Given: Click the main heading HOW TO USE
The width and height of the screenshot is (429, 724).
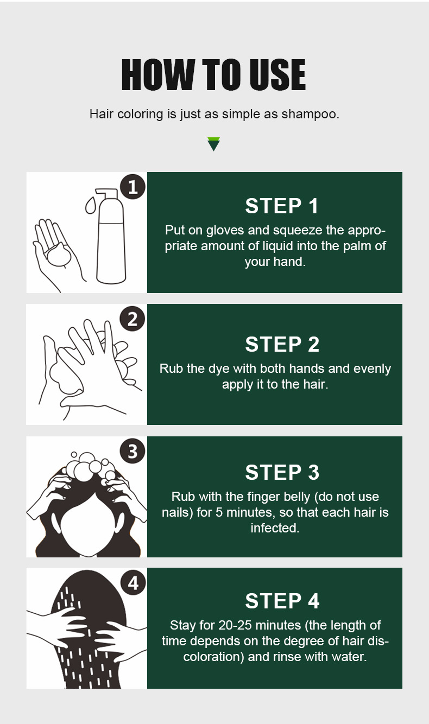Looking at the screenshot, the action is click(x=213, y=75).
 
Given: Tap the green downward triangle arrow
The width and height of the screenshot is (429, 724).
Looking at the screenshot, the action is click(x=214, y=144).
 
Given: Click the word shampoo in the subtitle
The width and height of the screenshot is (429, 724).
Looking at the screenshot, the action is click(x=311, y=115).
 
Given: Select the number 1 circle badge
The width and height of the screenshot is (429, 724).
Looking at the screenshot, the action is click(x=133, y=187).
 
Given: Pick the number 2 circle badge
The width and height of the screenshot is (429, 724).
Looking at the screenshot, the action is click(x=133, y=319).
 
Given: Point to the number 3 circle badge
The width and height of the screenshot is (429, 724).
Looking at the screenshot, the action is click(x=133, y=451).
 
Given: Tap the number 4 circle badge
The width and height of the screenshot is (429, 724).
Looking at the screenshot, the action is click(x=133, y=583).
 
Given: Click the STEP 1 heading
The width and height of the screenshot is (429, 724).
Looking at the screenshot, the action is click(x=282, y=206).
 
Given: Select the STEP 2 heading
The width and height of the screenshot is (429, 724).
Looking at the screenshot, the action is click(x=282, y=344).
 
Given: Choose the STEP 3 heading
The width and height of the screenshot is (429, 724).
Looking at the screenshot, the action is click(x=282, y=472).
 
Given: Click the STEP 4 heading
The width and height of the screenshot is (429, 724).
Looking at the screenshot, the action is click(x=282, y=601).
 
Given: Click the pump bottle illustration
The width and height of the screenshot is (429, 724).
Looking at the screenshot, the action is click(x=111, y=236).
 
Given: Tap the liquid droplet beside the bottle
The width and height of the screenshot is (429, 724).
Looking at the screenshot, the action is click(x=91, y=206).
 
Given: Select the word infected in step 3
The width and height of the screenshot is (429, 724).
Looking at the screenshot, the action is click(x=275, y=528).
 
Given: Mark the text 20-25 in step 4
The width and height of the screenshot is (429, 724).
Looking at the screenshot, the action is click(x=235, y=625).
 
